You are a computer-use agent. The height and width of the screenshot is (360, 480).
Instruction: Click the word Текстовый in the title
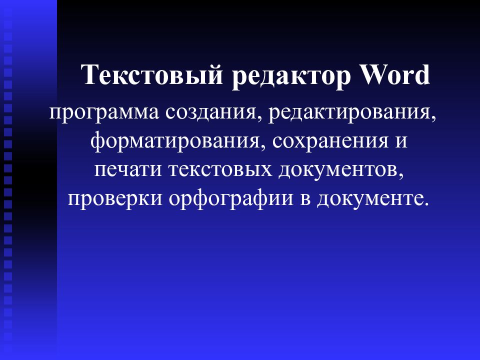152,74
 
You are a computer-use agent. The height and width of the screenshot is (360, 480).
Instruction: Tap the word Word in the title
395,74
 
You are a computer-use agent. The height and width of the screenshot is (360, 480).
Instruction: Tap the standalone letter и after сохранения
401,142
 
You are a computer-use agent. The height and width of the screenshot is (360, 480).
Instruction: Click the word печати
128,170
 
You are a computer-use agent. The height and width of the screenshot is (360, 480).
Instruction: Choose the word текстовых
220,170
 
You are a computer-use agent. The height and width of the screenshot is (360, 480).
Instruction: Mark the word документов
338,170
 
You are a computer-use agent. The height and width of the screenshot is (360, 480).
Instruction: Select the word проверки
115,199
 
